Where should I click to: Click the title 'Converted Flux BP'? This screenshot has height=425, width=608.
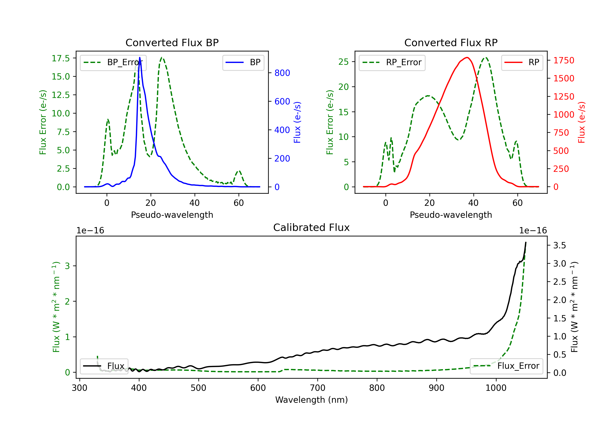coord(172,42)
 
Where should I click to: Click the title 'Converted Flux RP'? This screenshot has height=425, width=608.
coord(451,42)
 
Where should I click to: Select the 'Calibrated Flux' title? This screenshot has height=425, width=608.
coord(311,227)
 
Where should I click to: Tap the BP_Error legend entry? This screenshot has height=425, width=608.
coord(113,62)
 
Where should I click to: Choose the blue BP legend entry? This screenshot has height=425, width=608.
coord(243,62)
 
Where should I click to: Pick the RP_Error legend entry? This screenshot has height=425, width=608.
coord(392,62)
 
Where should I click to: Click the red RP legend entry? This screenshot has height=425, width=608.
coord(522,62)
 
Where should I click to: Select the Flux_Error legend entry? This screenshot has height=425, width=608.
coord(506,366)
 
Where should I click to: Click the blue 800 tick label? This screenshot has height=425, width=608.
coord(282,73)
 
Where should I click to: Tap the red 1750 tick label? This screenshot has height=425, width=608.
coord(564,60)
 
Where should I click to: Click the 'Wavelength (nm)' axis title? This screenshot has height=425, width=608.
coord(311,400)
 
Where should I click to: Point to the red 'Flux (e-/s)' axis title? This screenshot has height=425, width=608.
coord(581,122)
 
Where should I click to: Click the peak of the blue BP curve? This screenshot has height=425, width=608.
coord(140,57)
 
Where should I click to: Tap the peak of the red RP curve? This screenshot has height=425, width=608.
coord(467,58)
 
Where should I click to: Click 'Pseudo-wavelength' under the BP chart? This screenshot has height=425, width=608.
coord(172,215)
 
